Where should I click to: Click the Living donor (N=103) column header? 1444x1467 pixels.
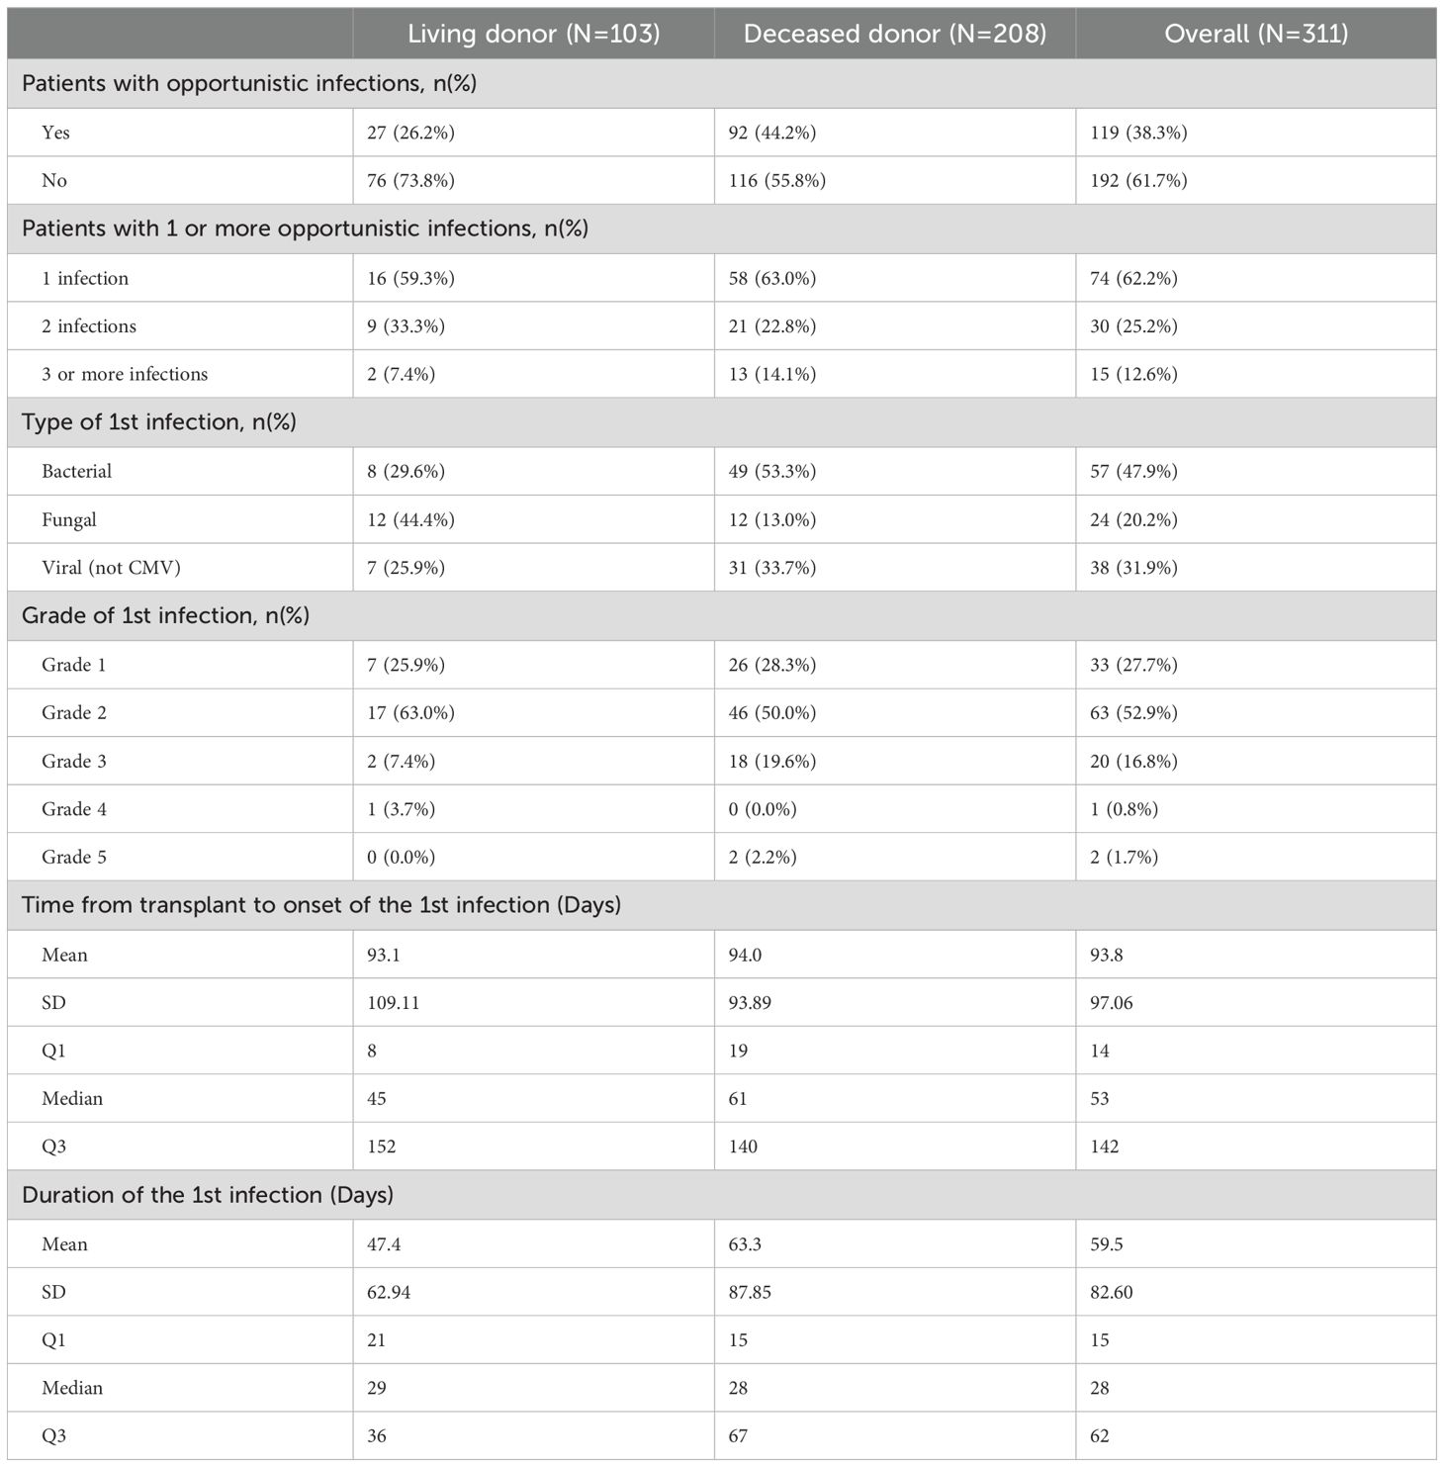tap(533, 34)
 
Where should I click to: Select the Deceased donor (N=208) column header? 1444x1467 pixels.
tap(894, 34)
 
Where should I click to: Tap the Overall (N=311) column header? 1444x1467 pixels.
tap(1255, 34)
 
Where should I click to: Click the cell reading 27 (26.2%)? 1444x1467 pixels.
tap(410, 133)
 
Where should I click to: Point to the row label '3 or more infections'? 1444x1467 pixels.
tap(125, 374)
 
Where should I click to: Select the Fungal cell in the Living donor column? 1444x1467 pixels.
tap(410, 519)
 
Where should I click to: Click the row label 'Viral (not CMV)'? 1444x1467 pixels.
tap(111, 568)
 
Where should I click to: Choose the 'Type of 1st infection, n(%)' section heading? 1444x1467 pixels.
tap(159, 422)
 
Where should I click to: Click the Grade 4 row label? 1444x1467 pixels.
tap(74, 809)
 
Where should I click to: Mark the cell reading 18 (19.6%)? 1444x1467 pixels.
tap(772, 761)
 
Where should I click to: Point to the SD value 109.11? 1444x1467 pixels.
tap(394, 1002)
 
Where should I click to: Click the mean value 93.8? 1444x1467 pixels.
tap(1107, 955)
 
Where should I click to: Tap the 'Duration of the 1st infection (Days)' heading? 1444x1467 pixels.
tap(208, 1195)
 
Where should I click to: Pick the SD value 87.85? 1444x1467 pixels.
tap(750, 1292)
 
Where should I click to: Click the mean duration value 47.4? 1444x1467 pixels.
tap(384, 1244)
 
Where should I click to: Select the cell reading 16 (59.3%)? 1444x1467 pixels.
tap(410, 278)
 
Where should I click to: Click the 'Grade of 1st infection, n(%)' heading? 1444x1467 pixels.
tap(165, 615)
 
